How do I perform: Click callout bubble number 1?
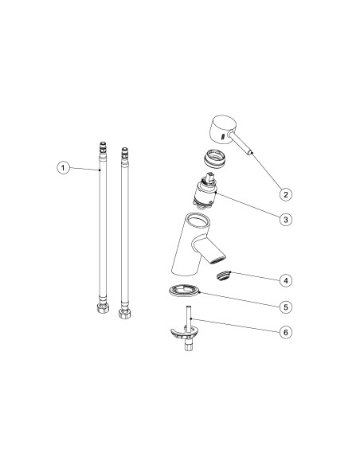point(63,168)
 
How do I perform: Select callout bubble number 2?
point(286,195)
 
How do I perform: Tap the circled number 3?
point(286,220)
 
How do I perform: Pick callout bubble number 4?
point(286,280)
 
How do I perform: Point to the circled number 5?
point(286,307)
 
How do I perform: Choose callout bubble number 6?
point(286,332)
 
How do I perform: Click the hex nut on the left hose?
point(103,308)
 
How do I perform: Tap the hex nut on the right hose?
point(124,314)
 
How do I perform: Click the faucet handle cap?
point(221,129)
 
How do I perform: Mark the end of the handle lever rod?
point(250,153)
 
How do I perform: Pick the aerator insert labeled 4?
point(223,275)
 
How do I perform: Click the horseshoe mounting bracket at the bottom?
point(184,333)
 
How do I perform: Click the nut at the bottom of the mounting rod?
point(188,346)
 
